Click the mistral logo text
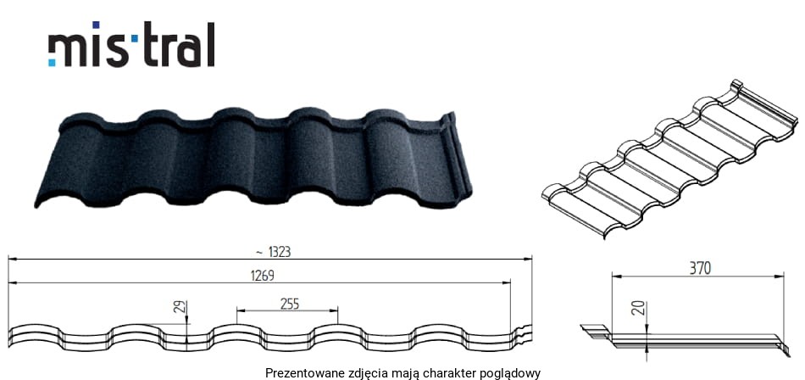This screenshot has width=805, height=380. pyautogui.click(x=131, y=45)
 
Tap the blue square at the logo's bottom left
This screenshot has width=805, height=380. pyautogui.click(x=52, y=63)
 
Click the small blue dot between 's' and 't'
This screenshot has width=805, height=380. pyautogui.click(x=135, y=38)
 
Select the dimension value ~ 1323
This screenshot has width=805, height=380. pyautogui.click(x=273, y=252)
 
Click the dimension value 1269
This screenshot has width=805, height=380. pyautogui.click(x=263, y=276)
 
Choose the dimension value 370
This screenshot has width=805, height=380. pyautogui.click(x=700, y=268)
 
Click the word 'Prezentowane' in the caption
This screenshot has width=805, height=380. pyautogui.click(x=297, y=373)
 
